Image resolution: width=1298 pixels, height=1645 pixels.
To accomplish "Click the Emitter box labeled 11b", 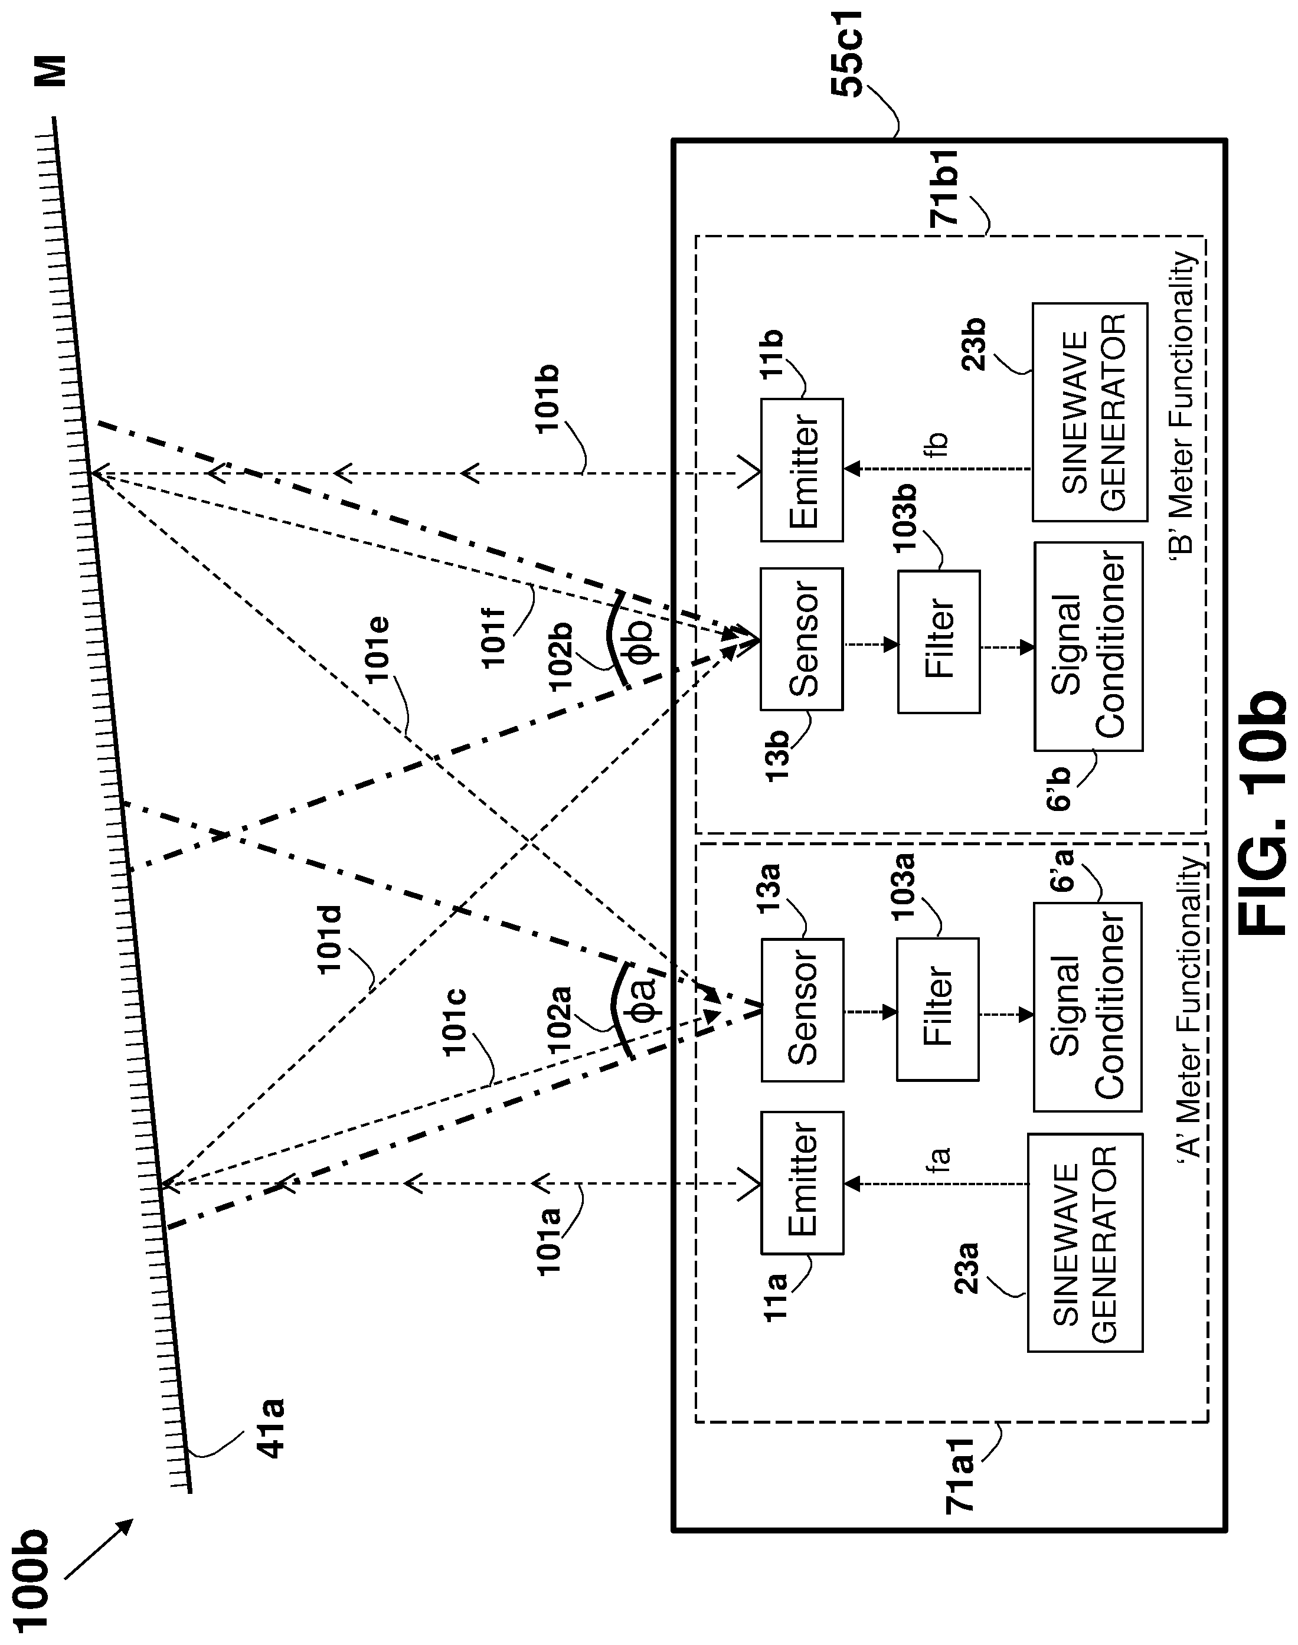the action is [802, 470].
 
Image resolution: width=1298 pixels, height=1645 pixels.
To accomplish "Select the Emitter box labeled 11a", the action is [802, 1182].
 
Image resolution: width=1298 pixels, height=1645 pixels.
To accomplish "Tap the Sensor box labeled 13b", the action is [802, 639].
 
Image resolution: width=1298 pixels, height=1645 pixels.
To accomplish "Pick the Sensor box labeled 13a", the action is [802, 1010].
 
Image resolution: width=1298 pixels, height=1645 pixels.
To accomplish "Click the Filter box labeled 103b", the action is [939, 641].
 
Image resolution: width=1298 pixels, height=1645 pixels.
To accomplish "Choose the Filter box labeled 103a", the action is [938, 1009].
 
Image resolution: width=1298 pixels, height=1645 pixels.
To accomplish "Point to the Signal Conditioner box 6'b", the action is [1088, 646].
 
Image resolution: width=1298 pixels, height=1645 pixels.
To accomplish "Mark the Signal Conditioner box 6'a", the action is [1087, 1007].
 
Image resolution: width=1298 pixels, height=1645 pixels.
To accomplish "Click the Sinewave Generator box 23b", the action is [1090, 412].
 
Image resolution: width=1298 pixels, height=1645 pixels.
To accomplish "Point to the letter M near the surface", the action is [53, 71].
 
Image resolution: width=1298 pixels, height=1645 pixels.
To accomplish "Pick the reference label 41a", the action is [270, 1428].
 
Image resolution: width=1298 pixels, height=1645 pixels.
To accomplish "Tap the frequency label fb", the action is [937, 444].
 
